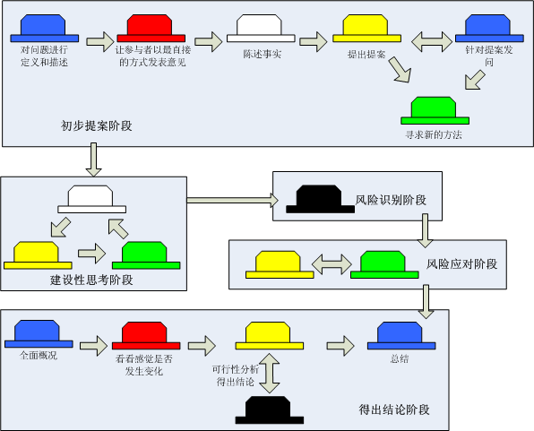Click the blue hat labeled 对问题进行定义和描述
(x=44, y=28)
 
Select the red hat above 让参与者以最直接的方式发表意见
(x=151, y=28)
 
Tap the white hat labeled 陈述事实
(x=261, y=28)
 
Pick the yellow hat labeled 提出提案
(x=366, y=28)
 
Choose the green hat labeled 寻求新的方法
(x=434, y=110)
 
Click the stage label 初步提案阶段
(x=96, y=126)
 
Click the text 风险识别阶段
(x=392, y=199)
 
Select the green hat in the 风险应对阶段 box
(x=386, y=263)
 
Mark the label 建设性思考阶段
(x=91, y=280)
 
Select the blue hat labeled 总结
(x=399, y=335)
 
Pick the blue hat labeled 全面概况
(x=38, y=335)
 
